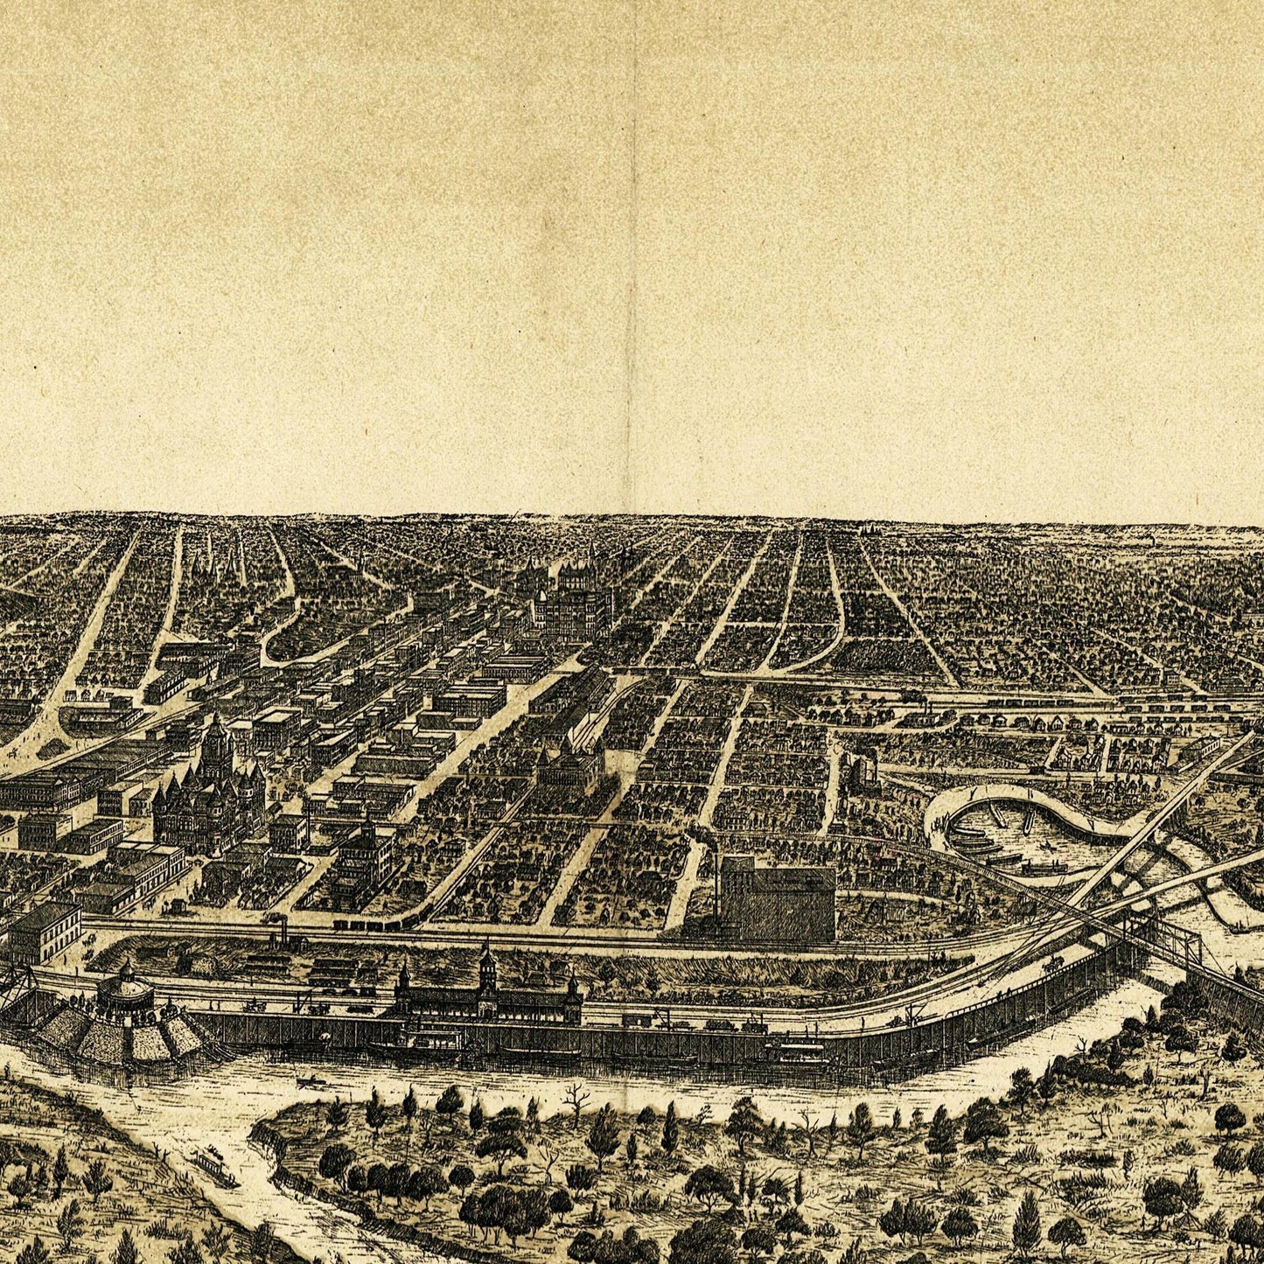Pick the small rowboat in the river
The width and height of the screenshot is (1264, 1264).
[x=308, y=1082]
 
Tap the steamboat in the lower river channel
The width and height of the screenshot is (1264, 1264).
[x=215, y=1168]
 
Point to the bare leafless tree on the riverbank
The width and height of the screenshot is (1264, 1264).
[x=573, y=1098]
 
